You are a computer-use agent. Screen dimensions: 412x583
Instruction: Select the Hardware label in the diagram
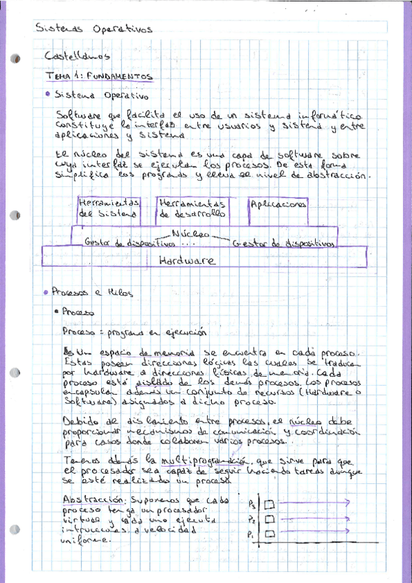click(x=186, y=261)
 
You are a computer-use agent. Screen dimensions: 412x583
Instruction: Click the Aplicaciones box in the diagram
click(x=278, y=204)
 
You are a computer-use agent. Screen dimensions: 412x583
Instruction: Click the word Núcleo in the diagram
click(x=190, y=234)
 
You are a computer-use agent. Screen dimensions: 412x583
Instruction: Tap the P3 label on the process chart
click(x=252, y=503)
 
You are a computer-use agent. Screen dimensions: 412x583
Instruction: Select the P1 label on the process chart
click(x=252, y=534)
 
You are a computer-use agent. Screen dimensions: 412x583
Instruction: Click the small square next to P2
click(x=270, y=519)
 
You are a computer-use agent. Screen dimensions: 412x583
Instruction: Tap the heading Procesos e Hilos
click(x=89, y=291)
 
